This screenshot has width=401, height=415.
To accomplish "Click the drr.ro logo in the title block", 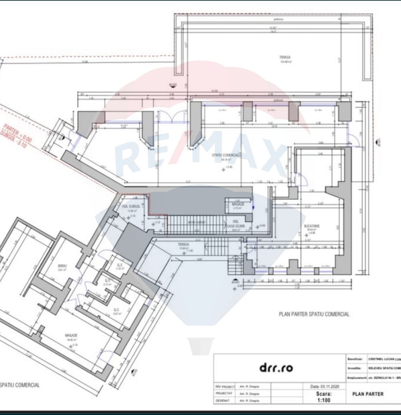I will [276, 368].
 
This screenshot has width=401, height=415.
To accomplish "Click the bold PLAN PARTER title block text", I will [368, 394].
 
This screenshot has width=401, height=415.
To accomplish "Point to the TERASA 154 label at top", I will [285, 57].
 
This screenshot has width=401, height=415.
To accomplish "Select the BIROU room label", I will [63, 265].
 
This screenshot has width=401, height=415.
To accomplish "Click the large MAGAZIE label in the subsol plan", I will [71, 335].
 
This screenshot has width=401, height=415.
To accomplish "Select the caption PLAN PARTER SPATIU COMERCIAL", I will [314, 314].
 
